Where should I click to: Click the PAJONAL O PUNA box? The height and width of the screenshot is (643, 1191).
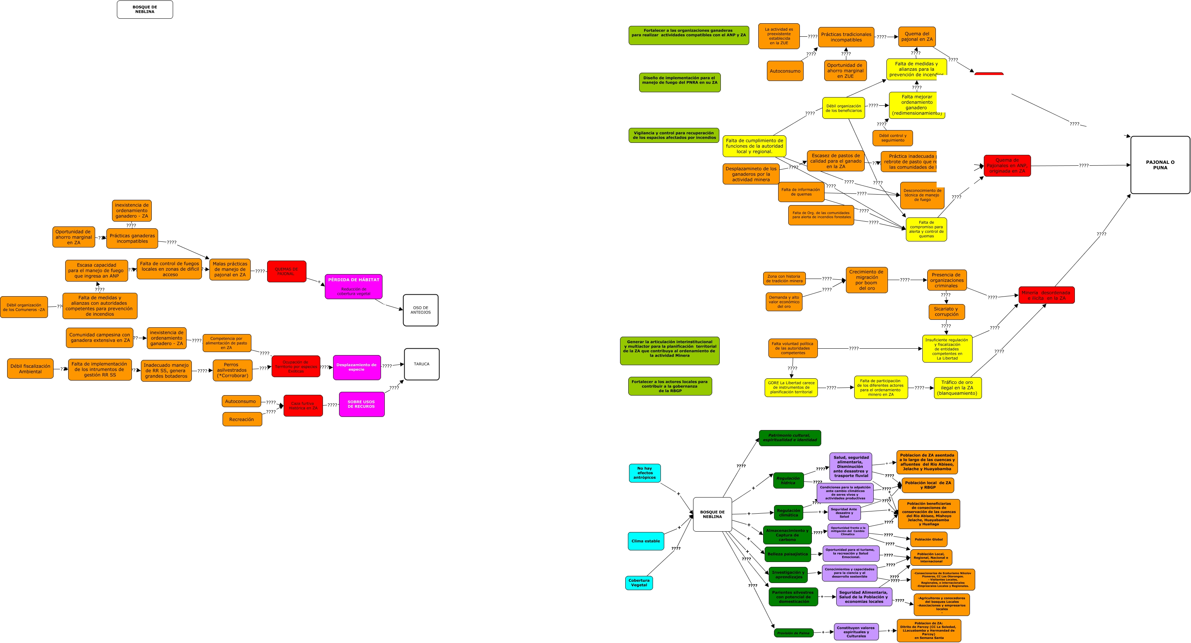[1160, 165]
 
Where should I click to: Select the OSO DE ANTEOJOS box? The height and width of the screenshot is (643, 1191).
[420, 310]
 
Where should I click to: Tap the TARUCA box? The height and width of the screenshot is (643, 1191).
[421, 364]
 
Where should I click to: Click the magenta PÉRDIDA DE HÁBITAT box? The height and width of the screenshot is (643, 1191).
[354, 286]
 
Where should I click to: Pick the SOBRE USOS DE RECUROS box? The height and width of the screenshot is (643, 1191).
[362, 404]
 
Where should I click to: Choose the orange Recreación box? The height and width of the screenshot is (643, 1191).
[242, 419]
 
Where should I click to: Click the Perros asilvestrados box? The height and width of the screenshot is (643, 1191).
[233, 370]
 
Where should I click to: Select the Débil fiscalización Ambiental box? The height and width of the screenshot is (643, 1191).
[30, 369]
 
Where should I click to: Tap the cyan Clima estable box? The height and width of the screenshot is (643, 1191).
[646, 541]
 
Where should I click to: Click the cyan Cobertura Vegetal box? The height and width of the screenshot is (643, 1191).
[639, 582]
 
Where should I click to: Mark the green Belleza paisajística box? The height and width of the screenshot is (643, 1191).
[788, 554]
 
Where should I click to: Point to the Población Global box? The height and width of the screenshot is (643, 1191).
[928, 539]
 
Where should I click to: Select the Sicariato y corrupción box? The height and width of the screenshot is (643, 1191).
[946, 311]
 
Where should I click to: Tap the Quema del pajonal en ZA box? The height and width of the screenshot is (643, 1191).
[917, 36]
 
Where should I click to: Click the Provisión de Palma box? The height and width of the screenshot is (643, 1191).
[794, 633]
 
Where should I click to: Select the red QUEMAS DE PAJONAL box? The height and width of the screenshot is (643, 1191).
[287, 271]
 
